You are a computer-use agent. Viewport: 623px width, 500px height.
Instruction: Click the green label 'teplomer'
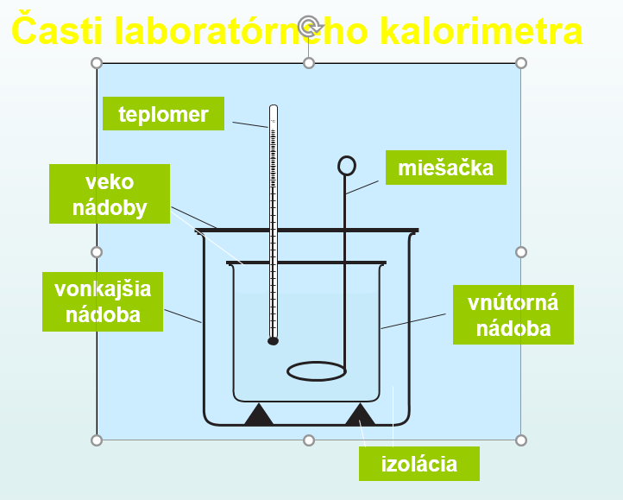(x=163, y=113)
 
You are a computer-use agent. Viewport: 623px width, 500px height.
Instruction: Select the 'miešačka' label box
(x=446, y=168)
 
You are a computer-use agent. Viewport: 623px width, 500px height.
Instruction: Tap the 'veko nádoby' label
(x=110, y=193)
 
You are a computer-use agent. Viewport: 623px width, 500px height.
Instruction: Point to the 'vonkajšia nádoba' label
(x=103, y=301)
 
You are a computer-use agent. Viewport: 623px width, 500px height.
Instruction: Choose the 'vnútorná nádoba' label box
(x=513, y=314)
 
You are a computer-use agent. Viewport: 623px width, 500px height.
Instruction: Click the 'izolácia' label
(x=419, y=464)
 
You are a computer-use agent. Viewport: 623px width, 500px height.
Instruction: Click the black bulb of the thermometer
(x=273, y=341)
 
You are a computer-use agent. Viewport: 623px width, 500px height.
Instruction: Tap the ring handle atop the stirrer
(x=347, y=166)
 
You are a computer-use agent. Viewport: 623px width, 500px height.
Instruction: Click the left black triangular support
(x=259, y=416)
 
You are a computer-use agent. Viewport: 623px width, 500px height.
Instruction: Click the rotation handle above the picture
(x=309, y=26)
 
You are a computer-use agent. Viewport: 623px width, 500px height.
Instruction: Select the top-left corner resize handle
(x=97, y=63)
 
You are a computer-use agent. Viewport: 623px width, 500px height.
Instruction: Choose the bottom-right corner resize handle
(x=521, y=440)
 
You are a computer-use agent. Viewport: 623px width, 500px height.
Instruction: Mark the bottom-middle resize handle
(x=309, y=440)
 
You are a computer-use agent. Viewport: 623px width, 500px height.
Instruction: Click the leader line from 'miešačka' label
(x=362, y=187)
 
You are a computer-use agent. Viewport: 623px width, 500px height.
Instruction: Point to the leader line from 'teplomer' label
(x=250, y=125)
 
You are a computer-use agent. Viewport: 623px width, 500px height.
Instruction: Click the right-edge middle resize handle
(x=521, y=252)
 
